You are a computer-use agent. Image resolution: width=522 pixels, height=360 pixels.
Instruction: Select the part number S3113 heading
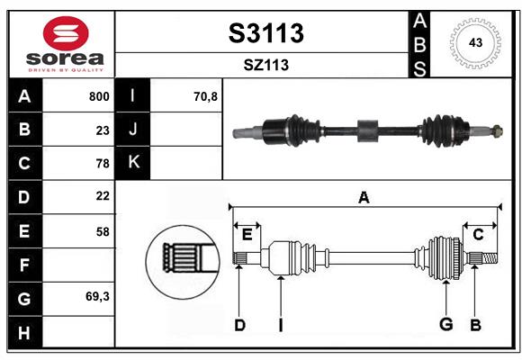tap(266, 34)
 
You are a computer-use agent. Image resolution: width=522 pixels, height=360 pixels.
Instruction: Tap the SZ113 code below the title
tap(266, 65)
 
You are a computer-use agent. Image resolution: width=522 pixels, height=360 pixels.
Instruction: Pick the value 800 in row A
tap(99, 96)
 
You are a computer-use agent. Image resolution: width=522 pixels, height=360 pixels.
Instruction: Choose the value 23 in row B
tap(102, 130)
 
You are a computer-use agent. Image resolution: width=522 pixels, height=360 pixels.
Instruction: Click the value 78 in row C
tap(102, 164)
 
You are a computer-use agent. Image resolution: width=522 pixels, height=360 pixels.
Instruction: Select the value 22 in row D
tap(102, 196)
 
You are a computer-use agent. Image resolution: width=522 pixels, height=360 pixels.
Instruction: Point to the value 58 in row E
tap(102, 230)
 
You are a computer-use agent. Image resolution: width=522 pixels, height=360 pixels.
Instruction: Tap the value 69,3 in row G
tap(97, 296)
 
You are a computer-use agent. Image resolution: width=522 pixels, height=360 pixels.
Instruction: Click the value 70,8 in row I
tap(206, 96)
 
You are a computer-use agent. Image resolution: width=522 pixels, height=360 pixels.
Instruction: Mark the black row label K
tap(134, 163)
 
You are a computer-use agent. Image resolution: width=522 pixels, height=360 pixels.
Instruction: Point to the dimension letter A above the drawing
tap(364, 197)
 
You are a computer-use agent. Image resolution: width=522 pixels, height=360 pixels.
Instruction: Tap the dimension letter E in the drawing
tap(247, 235)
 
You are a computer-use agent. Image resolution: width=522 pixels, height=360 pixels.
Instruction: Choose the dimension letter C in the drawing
tap(478, 235)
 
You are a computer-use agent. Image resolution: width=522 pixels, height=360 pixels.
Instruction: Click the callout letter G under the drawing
tap(445, 324)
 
